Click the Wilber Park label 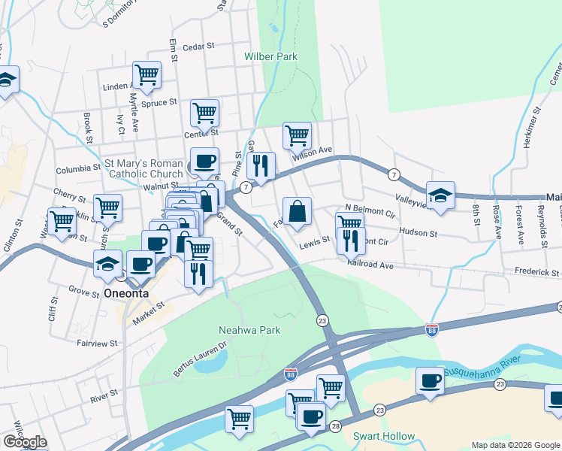[270, 56]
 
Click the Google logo [24, 442]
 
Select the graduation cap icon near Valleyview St [440, 196]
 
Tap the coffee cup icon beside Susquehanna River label [431, 380]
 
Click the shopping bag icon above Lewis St [298, 211]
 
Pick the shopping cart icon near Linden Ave [147, 75]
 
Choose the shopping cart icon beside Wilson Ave [298, 136]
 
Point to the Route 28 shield [335, 426]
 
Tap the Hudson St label [418, 234]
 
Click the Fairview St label [97, 343]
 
